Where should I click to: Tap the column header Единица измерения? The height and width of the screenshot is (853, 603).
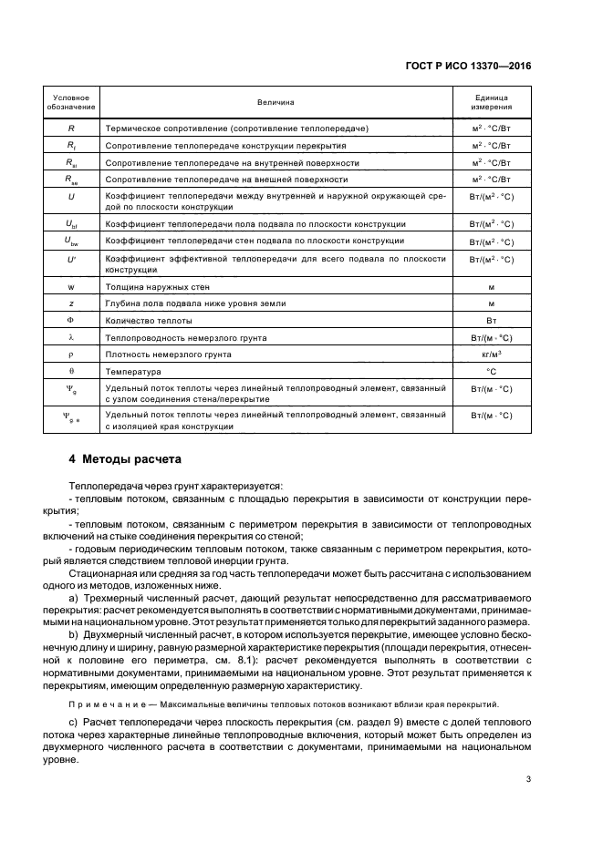click(491, 103)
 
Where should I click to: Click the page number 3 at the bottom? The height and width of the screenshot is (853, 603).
click(529, 778)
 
